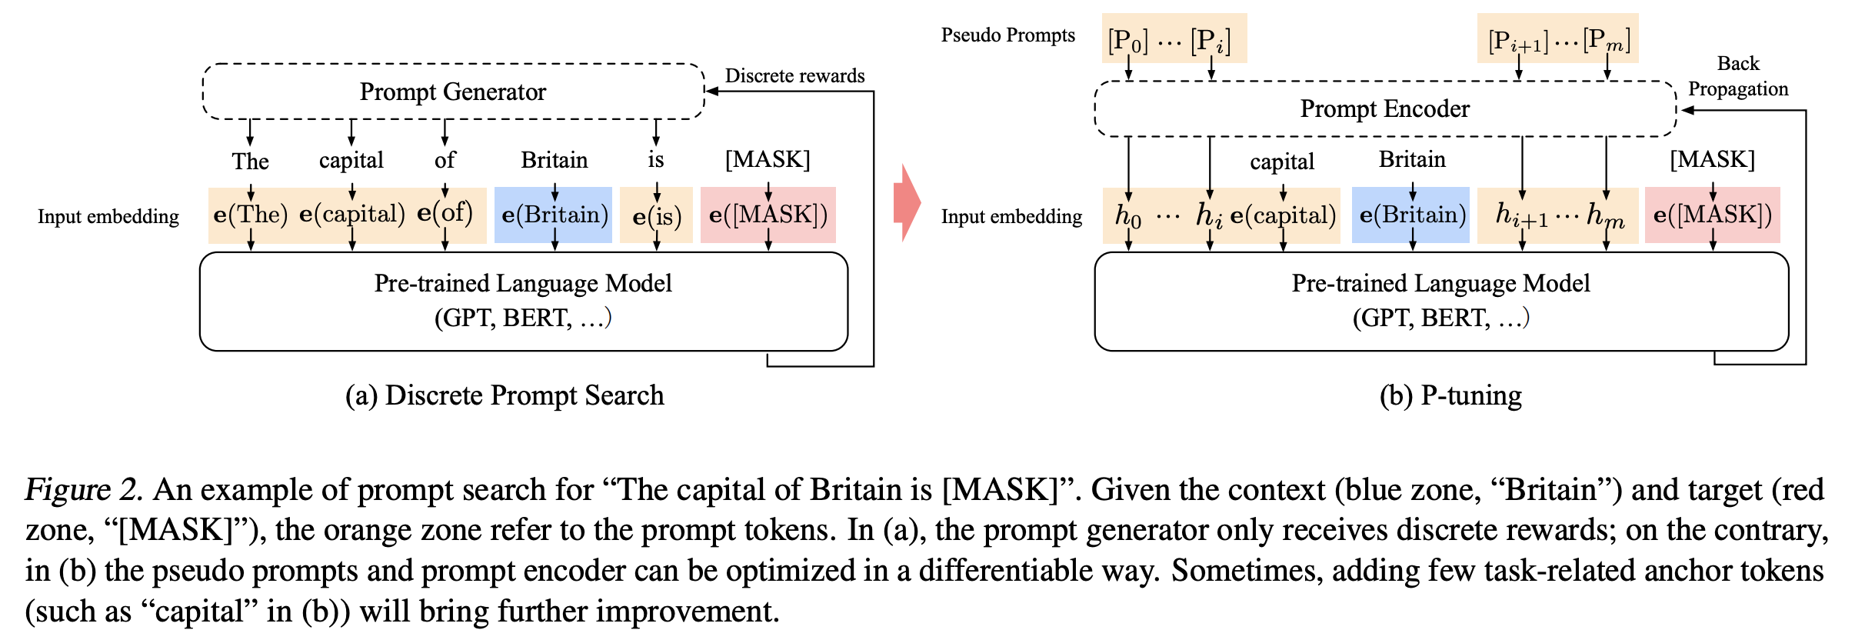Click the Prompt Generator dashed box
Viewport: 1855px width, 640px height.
453,92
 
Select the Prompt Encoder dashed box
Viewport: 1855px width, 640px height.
1384,108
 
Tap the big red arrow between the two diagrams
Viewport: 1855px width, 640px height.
907,203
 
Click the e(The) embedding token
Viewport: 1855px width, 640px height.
251,215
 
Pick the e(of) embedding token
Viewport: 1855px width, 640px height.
445,213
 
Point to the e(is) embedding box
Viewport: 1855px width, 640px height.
656,216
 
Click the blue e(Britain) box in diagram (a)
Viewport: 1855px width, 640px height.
554,215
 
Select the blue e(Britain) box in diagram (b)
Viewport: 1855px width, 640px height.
1411,215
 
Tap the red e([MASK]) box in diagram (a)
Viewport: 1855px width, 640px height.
768,215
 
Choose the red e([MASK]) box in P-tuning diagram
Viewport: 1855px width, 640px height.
1712,215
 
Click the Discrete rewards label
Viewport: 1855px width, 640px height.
794,75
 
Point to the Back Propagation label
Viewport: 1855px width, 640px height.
1737,76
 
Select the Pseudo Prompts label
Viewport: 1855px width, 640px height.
1007,35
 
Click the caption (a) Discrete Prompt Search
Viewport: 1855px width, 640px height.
504,395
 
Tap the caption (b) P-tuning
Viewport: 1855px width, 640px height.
1450,395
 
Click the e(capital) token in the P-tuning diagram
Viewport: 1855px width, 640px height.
1283,215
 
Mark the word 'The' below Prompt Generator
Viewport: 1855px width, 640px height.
251,162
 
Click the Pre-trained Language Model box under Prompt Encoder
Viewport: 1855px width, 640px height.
1440,301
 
